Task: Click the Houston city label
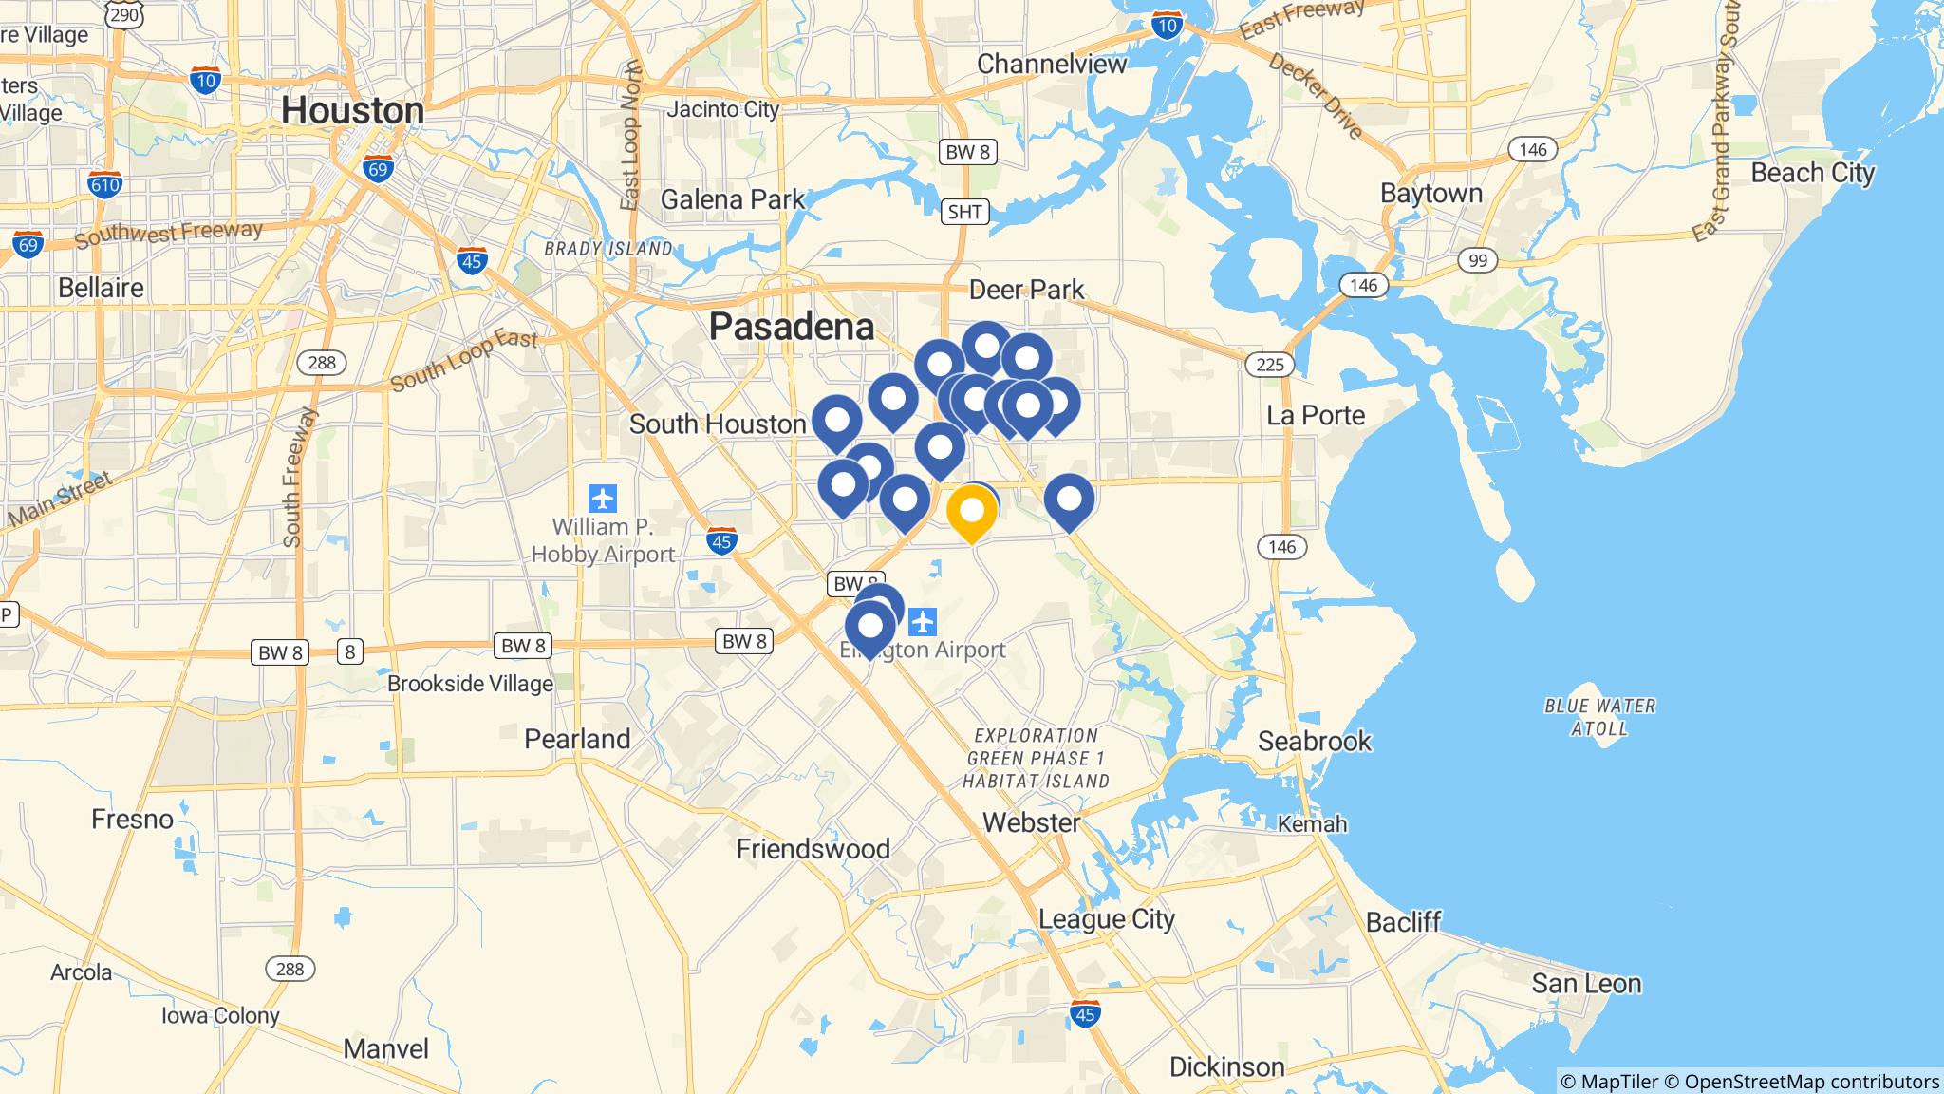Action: pos(352,111)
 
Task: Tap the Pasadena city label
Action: pos(792,327)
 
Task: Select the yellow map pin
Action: pos(971,511)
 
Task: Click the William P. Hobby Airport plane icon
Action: pos(603,498)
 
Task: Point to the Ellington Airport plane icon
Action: pos(923,623)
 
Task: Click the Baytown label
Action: pos(1430,193)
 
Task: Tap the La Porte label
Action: pos(1316,415)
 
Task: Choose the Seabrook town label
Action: pos(1315,741)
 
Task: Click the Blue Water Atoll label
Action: pos(1599,717)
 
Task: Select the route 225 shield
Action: pos(1269,364)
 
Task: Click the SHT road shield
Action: pos(964,212)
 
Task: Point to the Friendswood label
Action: pos(813,849)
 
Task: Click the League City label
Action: pos(1107,919)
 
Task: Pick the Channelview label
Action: pos(1052,64)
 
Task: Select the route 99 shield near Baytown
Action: pos(1477,260)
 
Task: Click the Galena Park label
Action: pos(732,199)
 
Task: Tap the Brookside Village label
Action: pos(470,684)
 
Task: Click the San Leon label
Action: pos(1586,983)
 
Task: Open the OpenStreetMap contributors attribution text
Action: pos(1811,1082)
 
